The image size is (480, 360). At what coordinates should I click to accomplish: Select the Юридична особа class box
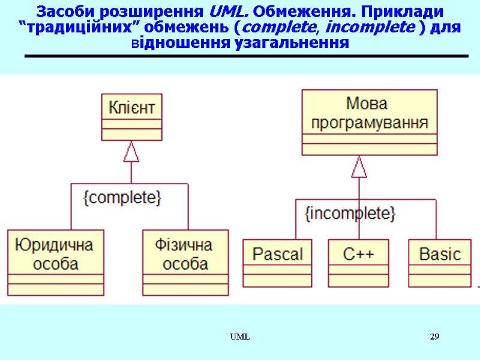(55, 262)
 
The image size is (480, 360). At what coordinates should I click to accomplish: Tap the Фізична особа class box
(185, 262)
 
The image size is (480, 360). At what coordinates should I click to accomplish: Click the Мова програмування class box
(369, 122)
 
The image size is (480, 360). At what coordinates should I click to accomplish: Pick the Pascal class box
(277, 262)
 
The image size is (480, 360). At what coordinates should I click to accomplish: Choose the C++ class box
(358, 262)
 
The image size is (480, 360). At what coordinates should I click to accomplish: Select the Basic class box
(440, 262)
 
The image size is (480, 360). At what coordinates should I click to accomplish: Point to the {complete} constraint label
(122, 198)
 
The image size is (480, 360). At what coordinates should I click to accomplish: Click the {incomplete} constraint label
(350, 214)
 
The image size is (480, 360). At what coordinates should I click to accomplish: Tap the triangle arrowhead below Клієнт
(131, 153)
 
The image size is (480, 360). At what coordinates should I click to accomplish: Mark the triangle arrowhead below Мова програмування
(359, 167)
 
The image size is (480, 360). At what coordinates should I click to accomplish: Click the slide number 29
(434, 337)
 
